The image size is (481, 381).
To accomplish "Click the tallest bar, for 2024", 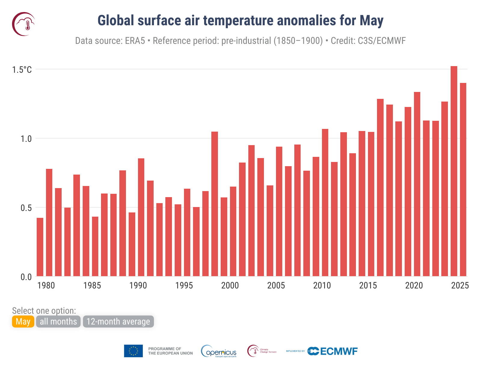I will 454,171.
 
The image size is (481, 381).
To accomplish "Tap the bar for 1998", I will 215,204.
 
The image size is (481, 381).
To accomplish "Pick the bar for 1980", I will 49,223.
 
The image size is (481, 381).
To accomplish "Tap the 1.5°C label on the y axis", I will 22,70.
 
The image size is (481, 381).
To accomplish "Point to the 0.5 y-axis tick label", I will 26,208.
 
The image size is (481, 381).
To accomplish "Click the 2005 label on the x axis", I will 276,285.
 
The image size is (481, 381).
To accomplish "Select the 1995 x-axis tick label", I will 184,285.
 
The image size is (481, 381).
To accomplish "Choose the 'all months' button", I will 58,322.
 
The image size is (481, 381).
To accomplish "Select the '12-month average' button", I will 118,322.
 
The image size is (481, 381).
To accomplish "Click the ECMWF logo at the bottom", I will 332,351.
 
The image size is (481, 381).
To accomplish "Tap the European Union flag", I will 133,351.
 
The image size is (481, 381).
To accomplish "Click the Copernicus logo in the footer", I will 219,351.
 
